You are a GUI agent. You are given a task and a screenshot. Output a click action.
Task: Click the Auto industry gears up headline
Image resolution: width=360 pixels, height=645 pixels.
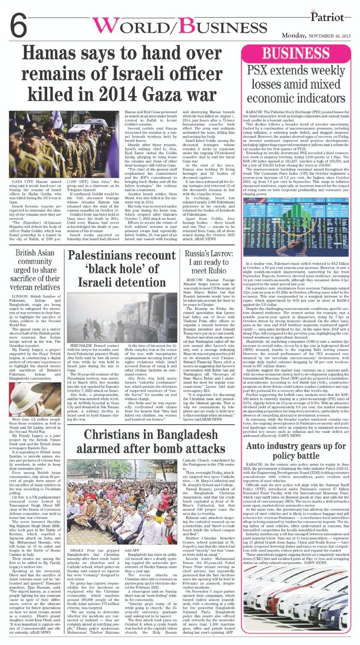click(x=296, y=450)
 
